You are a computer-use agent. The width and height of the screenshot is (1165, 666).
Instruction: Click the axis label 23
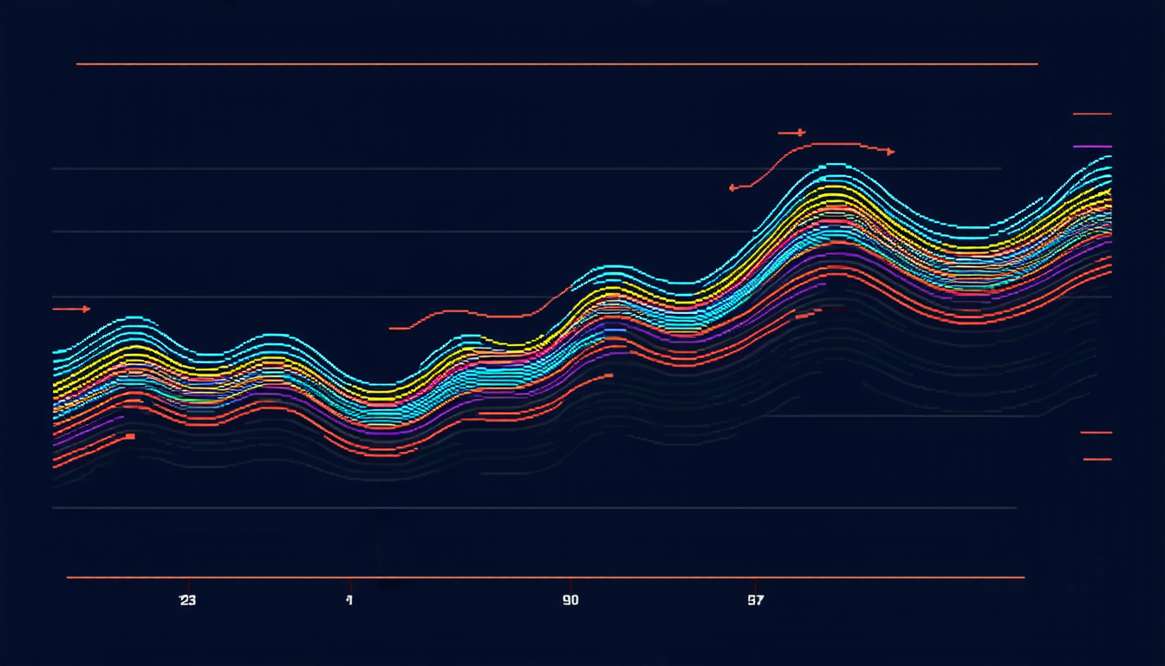point(187,600)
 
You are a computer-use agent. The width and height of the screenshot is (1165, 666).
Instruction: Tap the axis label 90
point(569,600)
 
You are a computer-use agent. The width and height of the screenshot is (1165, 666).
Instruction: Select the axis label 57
point(756,600)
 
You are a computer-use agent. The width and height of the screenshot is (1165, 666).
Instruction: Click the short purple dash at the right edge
point(1092,147)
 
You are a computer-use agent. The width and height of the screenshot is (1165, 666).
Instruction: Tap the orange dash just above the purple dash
point(1092,114)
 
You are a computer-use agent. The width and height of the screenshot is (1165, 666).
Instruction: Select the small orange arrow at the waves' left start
point(72,309)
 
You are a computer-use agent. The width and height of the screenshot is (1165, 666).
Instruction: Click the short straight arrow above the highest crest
point(791,133)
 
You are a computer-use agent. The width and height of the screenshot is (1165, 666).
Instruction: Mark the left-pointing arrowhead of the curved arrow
point(733,186)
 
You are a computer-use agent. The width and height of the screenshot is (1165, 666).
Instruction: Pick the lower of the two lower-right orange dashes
point(1097,459)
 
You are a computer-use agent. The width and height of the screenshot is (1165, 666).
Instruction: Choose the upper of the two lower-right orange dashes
point(1096,432)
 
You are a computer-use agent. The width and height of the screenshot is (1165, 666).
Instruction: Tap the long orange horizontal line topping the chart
point(556,64)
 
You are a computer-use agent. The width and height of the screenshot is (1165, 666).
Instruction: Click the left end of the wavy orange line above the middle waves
point(392,328)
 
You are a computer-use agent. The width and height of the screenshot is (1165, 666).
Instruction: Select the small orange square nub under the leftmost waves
point(130,436)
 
